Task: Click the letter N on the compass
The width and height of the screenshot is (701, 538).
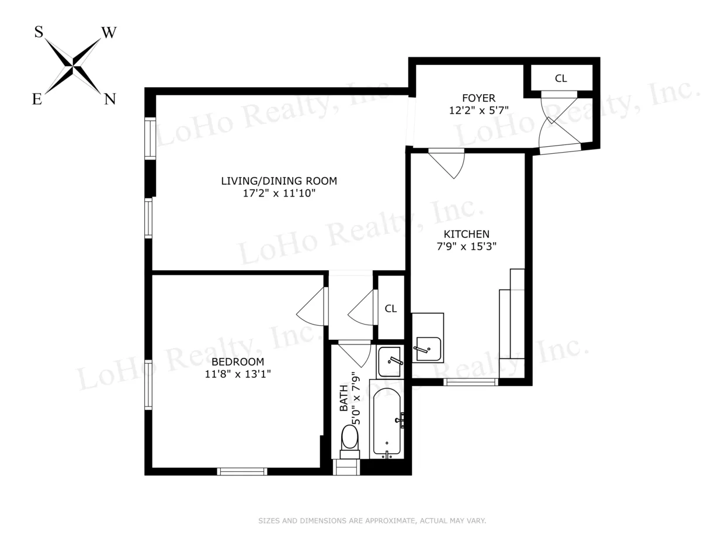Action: coord(109,99)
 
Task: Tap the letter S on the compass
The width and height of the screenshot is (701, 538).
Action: coord(39,32)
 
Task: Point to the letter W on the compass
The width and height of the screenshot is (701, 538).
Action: coord(109,33)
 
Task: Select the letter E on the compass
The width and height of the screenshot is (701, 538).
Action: coord(37,100)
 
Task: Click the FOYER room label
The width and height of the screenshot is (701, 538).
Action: coord(478,98)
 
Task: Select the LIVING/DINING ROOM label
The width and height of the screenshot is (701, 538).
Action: coord(279,181)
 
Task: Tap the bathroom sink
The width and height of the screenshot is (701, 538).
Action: coord(390,361)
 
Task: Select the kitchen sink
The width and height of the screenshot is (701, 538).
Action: coord(428,349)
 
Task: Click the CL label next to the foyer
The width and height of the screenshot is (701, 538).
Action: coord(561,78)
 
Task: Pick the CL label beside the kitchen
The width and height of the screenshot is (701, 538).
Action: coord(391,309)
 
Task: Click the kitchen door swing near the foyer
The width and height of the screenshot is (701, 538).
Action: coord(449,164)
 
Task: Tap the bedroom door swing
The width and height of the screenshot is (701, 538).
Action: coord(313,306)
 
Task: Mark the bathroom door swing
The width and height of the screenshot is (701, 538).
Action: coord(356,354)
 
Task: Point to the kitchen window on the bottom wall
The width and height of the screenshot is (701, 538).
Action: coord(471,382)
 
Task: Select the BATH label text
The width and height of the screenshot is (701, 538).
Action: coord(343,403)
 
